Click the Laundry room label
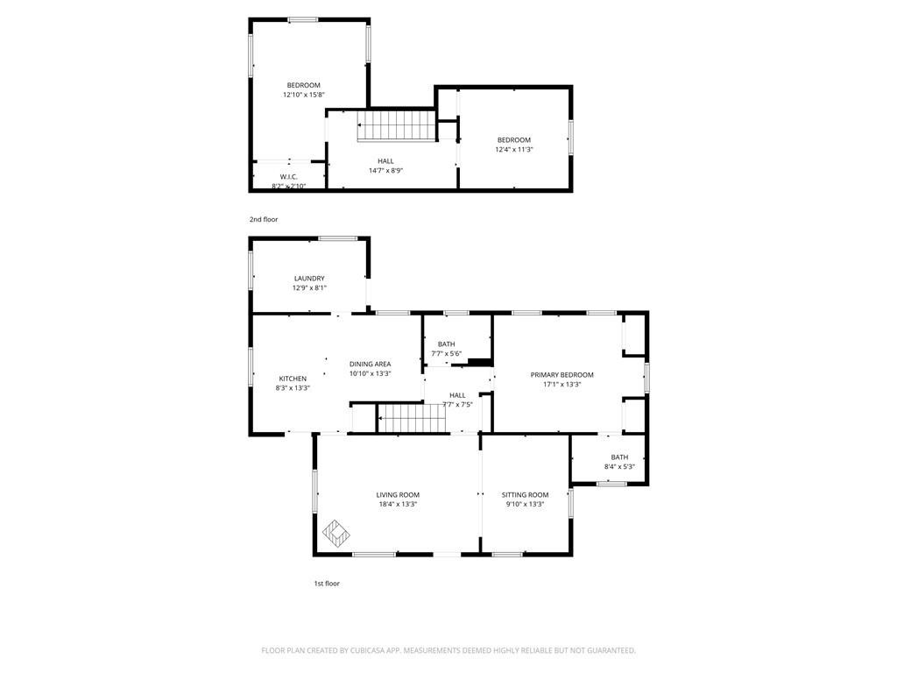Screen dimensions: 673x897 pos(308,279)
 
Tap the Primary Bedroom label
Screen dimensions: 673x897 pos(562,374)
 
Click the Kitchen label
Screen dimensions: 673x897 pos(293,379)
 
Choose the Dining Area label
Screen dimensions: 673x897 pos(370,364)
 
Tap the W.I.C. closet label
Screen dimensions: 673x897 pos(289,177)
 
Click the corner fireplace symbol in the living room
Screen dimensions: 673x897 pos(336,532)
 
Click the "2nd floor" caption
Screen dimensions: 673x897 pos(264,219)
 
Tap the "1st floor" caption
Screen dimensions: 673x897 pos(327,583)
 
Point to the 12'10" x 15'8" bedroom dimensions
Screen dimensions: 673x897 pos(303,95)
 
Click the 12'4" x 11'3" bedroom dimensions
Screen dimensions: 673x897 pos(513,150)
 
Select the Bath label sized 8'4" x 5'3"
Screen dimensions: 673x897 pos(619,457)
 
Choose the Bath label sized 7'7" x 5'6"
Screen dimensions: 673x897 pos(447,344)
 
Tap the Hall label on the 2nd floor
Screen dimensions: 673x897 pos(385,161)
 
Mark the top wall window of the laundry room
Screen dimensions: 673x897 pos(337,237)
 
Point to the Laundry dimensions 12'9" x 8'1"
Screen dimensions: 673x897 pos(308,288)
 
